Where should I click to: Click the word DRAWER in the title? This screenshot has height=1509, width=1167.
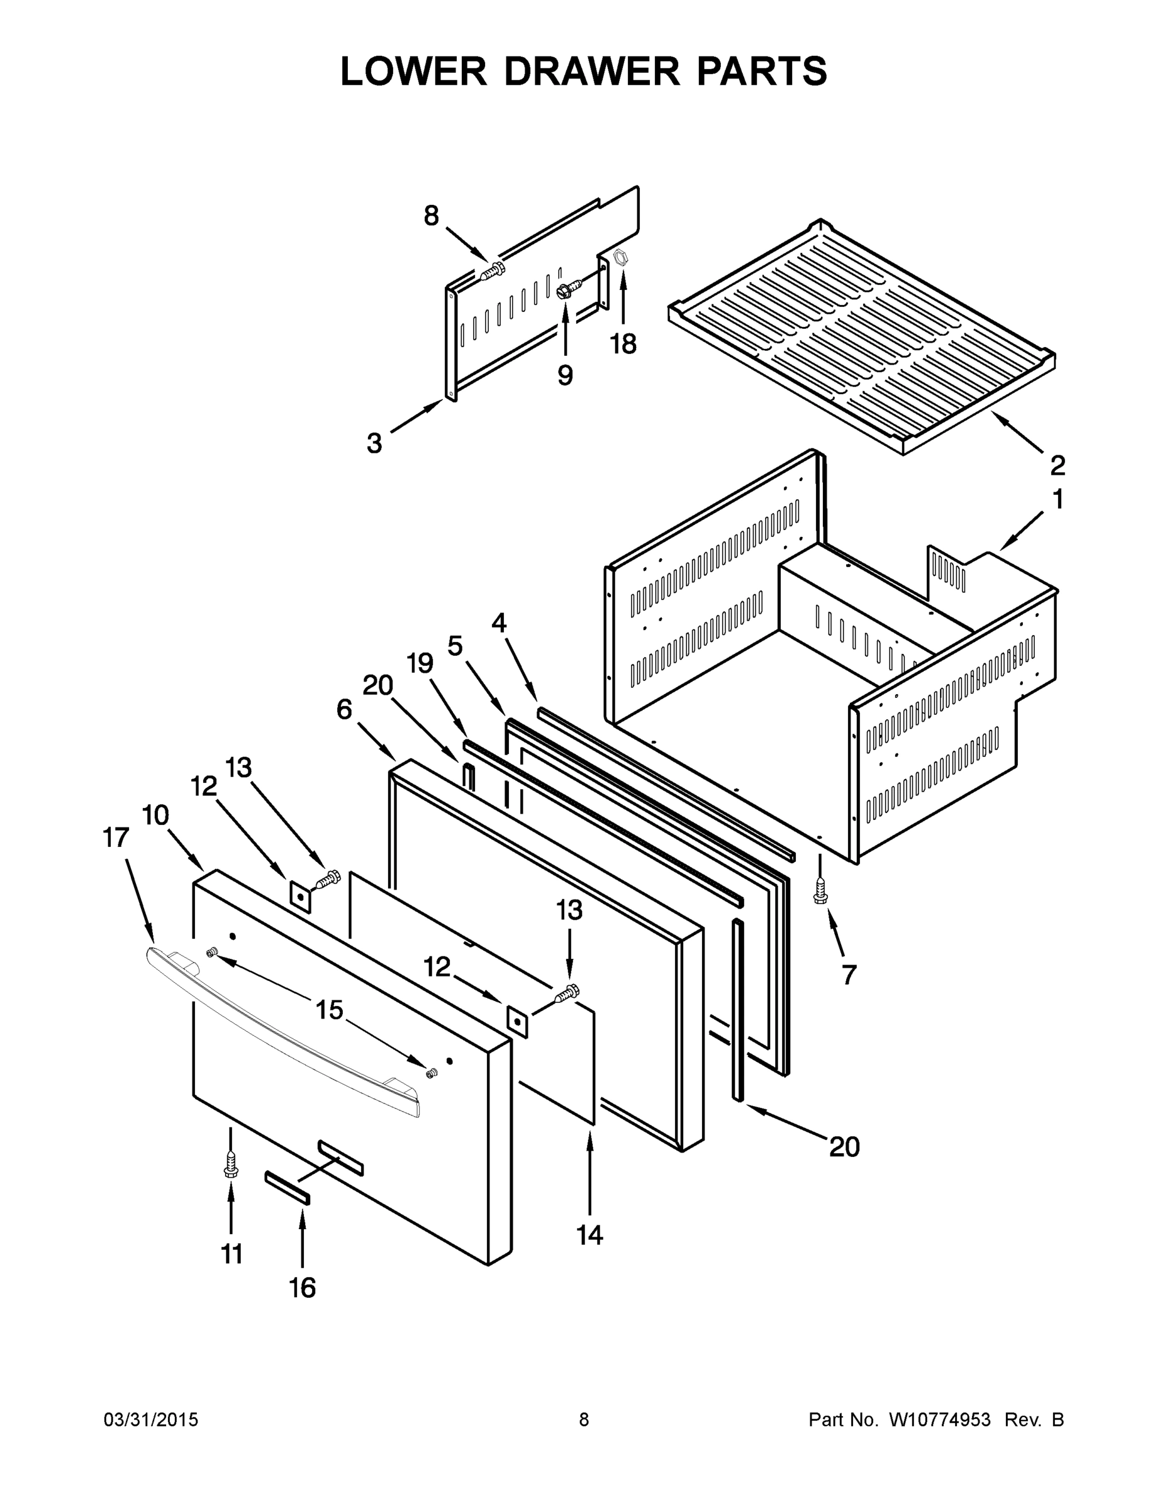tap(593, 71)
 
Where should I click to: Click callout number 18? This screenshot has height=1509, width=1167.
tap(623, 343)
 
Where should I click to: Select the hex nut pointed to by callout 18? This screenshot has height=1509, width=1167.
tap(620, 257)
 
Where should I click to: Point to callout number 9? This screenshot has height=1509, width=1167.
tap(565, 375)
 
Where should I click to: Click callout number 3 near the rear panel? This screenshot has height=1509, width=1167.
tap(374, 443)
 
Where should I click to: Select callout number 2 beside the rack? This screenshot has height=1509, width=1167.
tap(1057, 465)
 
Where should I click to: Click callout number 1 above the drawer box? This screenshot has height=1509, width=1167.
tap(1057, 499)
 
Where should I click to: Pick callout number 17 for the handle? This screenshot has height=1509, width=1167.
tap(116, 837)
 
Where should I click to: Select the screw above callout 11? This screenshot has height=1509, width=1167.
tap(231, 1166)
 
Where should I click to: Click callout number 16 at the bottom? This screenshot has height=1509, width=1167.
tap(302, 1287)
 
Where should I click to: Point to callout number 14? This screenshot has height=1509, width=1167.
tap(589, 1234)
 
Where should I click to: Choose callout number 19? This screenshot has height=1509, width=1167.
tap(420, 663)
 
